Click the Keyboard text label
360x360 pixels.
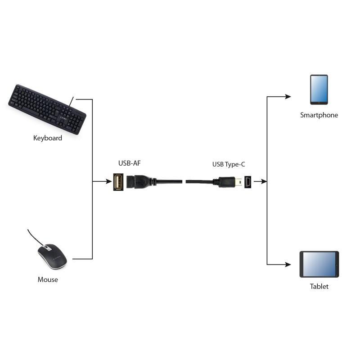[48, 138]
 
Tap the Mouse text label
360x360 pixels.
[48, 279]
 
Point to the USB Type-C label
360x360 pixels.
[229, 165]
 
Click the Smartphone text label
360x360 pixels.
[319, 115]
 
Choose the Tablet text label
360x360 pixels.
[319, 286]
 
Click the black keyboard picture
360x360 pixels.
[47, 108]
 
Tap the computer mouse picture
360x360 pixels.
[52, 257]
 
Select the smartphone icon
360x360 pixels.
[319, 90]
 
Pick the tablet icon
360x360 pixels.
[319, 265]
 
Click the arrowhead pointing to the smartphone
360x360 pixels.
[288, 96]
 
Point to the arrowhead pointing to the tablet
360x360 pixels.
[288, 264]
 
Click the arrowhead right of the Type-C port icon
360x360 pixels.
[264, 182]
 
